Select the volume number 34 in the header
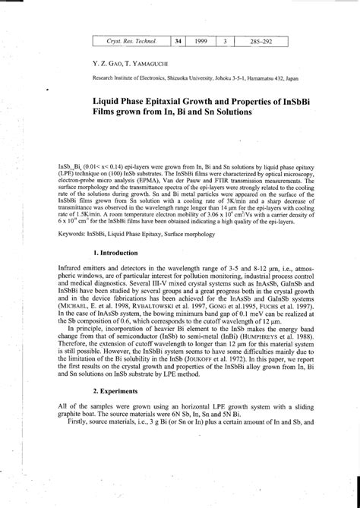pyautogui.click(x=178, y=40)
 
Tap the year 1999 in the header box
pyautogui.click(x=201, y=40)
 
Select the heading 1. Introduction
pyautogui.click(x=115, y=231)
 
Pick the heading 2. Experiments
pyautogui.click(x=115, y=390)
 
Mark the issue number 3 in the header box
pyautogui.click(x=226, y=40)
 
